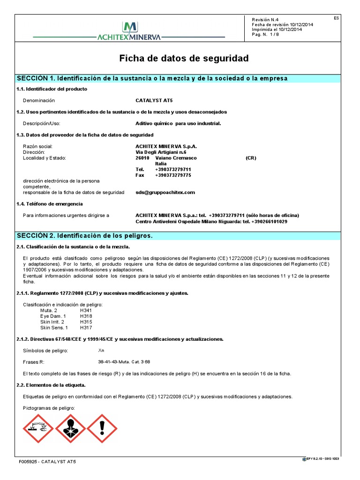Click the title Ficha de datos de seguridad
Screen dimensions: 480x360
pyautogui.click(x=184, y=59)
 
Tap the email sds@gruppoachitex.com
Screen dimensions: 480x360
pyautogui.click(x=165, y=192)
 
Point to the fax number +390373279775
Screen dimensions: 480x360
pyautogui.click(x=173, y=175)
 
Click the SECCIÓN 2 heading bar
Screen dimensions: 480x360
pyautogui.click(x=85, y=235)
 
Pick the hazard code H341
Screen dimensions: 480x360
pyautogui.click(x=86, y=310)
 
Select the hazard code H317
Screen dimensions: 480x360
pyautogui.click(x=86, y=328)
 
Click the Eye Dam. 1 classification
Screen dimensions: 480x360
pyautogui.click(x=53, y=316)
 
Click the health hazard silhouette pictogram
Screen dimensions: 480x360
pyautogui.click(x=70, y=428)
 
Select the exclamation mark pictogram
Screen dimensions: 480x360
pyautogui.click(x=102, y=428)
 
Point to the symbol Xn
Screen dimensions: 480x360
pyautogui.click(x=101, y=350)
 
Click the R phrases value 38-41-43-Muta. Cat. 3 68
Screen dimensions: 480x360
pyautogui.click(x=124, y=362)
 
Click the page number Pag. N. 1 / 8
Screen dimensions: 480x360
pyautogui.click(x=265, y=35)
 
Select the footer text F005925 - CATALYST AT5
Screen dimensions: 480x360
pyautogui.click(x=47, y=462)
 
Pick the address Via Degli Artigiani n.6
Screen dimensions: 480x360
pyautogui.click(x=161, y=152)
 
